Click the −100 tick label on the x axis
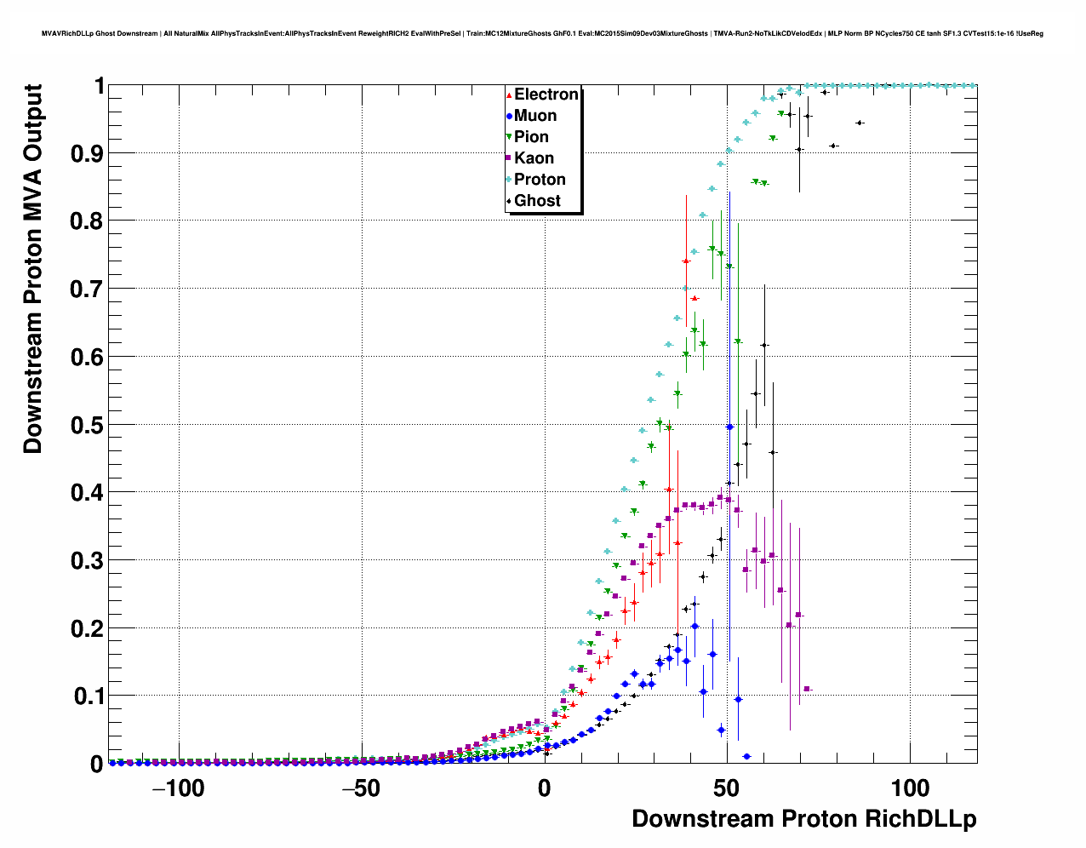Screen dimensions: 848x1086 tap(178, 788)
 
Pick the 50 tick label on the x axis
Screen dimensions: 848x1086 tap(727, 788)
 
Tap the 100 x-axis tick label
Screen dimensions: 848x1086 tap(910, 788)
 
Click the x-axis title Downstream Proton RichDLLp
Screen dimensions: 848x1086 tap(803, 819)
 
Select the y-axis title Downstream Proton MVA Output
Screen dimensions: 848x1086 tap(32, 269)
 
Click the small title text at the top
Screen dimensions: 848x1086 tap(542, 34)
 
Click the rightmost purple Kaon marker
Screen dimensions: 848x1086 tap(807, 689)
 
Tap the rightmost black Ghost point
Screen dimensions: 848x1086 tap(860, 123)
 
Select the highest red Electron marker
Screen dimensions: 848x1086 tap(686, 261)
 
